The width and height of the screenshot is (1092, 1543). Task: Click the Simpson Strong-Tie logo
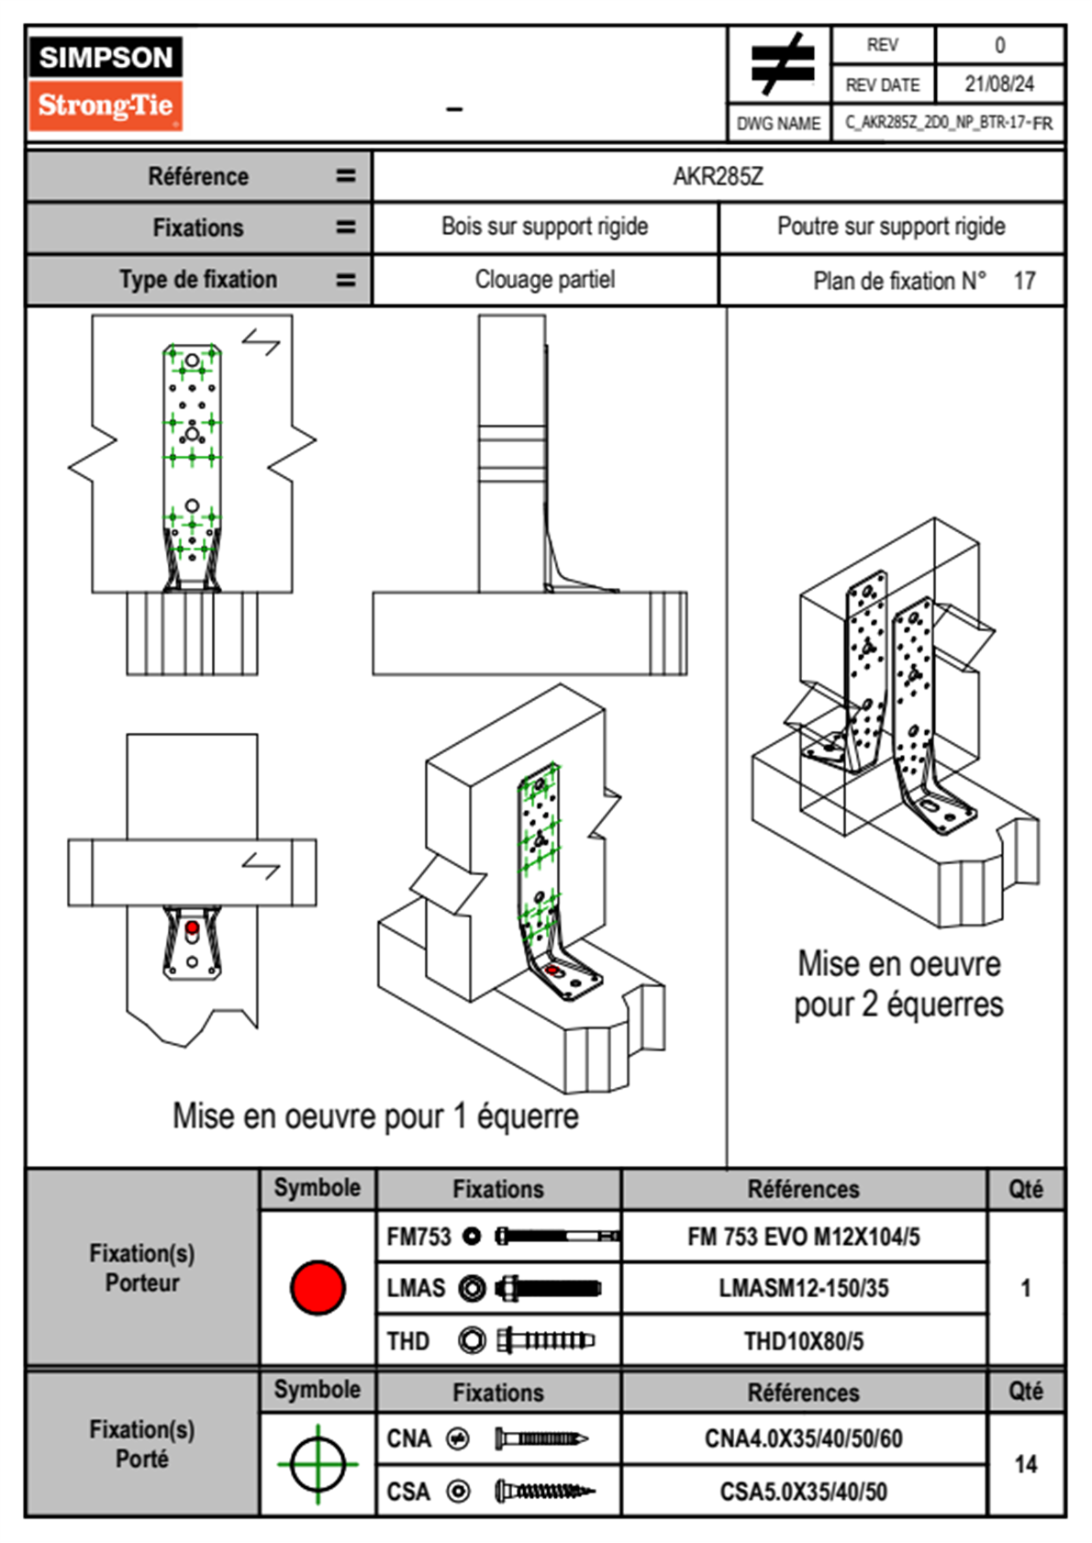tap(106, 83)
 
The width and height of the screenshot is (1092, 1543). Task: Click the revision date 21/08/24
tap(998, 84)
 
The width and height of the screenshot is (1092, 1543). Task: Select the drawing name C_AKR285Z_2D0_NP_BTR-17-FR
tap(948, 123)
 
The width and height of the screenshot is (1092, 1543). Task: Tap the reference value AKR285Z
tap(718, 176)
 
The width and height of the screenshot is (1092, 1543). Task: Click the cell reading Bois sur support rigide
tap(544, 227)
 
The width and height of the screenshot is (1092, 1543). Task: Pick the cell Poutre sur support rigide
tap(891, 227)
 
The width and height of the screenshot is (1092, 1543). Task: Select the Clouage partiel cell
tap(544, 280)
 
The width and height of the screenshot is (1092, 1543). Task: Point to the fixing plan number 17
tap(1024, 281)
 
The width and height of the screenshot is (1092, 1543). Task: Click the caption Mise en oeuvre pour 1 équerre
tap(375, 1116)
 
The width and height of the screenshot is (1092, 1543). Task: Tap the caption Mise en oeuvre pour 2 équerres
tap(898, 984)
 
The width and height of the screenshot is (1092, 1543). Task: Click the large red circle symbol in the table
tap(318, 1287)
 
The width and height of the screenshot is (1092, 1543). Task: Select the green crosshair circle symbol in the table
tap(318, 1464)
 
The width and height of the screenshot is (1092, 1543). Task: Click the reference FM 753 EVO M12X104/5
tap(803, 1237)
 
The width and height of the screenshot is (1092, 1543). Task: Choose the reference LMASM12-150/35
tap(803, 1288)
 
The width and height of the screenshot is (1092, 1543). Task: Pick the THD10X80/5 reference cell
tap(803, 1341)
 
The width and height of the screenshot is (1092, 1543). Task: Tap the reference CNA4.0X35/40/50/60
tap(803, 1438)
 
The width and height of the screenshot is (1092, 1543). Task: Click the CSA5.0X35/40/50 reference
tap(803, 1492)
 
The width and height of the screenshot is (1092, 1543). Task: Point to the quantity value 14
tap(1025, 1464)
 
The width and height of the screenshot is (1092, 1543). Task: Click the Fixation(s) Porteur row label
tap(142, 1268)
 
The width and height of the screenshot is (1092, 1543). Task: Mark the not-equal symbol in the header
tap(781, 64)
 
